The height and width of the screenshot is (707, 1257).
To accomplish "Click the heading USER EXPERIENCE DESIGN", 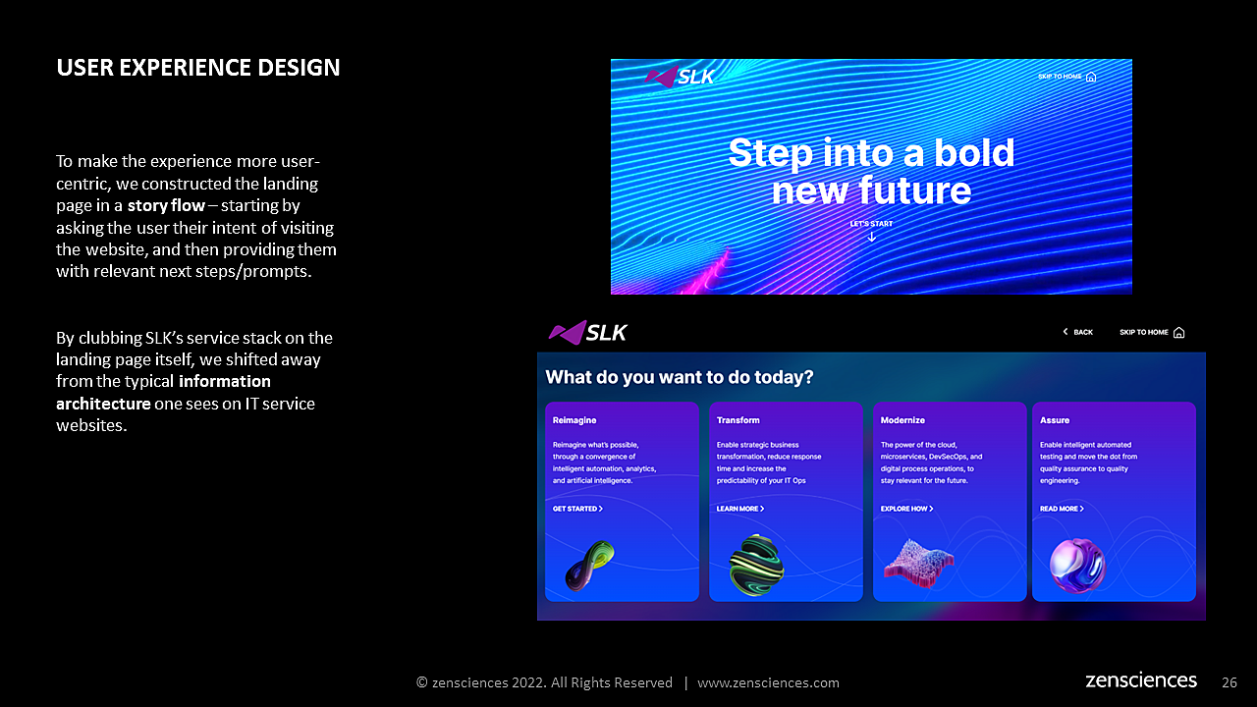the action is (x=198, y=68).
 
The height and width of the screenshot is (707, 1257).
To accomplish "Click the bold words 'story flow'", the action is (x=166, y=206).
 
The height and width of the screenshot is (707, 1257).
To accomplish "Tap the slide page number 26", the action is (x=1229, y=682).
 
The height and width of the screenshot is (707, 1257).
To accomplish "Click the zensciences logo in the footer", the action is (x=1141, y=680).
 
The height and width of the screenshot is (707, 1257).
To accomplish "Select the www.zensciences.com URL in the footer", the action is (x=768, y=682).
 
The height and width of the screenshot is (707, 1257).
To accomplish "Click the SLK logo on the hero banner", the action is (x=679, y=77).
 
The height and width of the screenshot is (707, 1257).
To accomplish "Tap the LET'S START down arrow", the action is (x=871, y=237).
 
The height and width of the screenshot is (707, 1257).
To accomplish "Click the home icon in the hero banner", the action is (x=1091, y=77).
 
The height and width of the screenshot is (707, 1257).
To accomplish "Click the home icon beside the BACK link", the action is (x=1179, y=333).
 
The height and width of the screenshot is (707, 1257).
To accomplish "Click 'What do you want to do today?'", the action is (x=679, y=377).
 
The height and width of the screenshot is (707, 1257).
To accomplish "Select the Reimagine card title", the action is (x=574, y=420).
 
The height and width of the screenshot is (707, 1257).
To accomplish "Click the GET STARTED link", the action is (x=577, y=509).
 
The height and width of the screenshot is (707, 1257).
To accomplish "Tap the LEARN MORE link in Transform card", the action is (x=740, y=509).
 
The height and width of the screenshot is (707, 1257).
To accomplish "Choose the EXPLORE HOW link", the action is (x=906, y=509).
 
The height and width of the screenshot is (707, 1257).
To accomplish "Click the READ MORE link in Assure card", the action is (x=1062, y=509).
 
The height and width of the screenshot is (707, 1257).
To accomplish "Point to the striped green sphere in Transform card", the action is (x=756, y=565).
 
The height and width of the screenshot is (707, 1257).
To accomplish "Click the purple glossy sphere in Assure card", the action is (x=1077, y=566).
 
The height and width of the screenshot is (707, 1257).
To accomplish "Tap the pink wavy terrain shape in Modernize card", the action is (x=918, y=564).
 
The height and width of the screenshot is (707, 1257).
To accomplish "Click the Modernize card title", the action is (x=902, y=420).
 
